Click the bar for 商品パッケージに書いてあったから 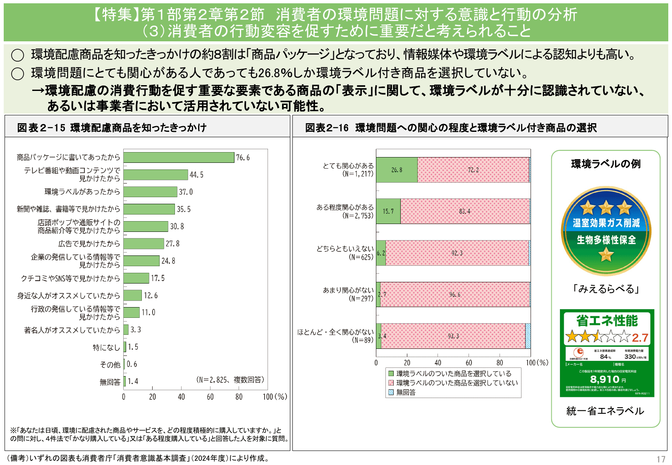tap(179, 157)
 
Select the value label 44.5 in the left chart tap(196, 175)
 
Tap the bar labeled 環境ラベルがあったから tap(150, 192)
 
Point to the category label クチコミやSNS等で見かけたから tap(70, 278)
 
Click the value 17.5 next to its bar tap(158, 278)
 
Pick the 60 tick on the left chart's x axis tap(210, 397)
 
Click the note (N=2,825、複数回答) tap(230, 379)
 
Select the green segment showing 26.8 tap(397, 170)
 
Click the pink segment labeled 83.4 tap(464, 211)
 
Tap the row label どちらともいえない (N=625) tap(345, 253)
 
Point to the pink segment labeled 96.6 tap(454, 295)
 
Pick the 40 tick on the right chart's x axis tap(438, 363)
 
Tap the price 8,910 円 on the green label tap(607, 379)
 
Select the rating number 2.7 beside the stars tap(640, 338)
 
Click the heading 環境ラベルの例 tap(606, 164)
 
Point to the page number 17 tap(661, 459)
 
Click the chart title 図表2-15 tap(41, 128)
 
